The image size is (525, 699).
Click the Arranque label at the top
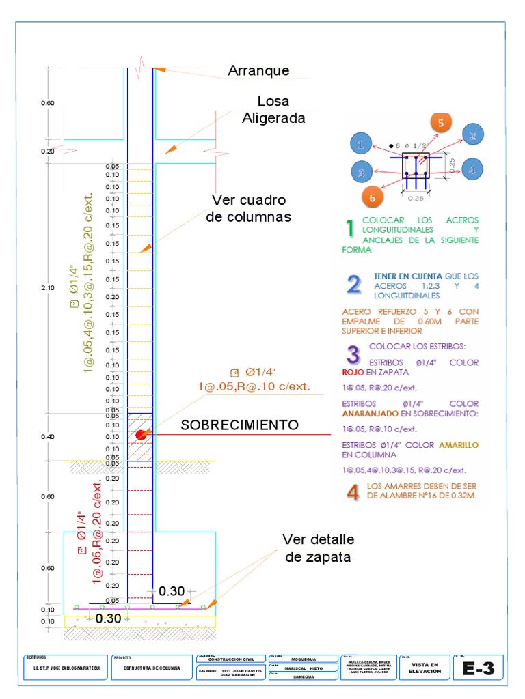(x=258, y=70)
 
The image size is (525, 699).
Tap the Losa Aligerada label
(x=273, y=110)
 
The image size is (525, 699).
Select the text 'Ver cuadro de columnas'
(x=249, y=208)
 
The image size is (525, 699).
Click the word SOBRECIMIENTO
(x=240, y=425)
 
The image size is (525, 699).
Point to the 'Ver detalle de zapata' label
(x=319, y=548)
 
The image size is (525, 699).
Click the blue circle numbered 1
(x=361, y=144)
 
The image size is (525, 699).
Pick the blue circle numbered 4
(x=472, y=169)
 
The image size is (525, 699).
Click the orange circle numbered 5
(x=441, y=123)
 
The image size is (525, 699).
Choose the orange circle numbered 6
(x=373, y=197)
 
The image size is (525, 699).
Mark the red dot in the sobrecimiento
(x=141, y=434)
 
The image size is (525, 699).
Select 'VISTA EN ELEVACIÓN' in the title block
(x=422, y=668)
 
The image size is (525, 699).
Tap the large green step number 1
(x=349, y=227)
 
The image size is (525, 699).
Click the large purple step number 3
(x=353, y=354)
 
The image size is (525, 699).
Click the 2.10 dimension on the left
(x=47, y=289)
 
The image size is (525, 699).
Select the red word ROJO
(x=353, y=373)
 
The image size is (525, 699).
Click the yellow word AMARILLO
(x=459, y=445)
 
